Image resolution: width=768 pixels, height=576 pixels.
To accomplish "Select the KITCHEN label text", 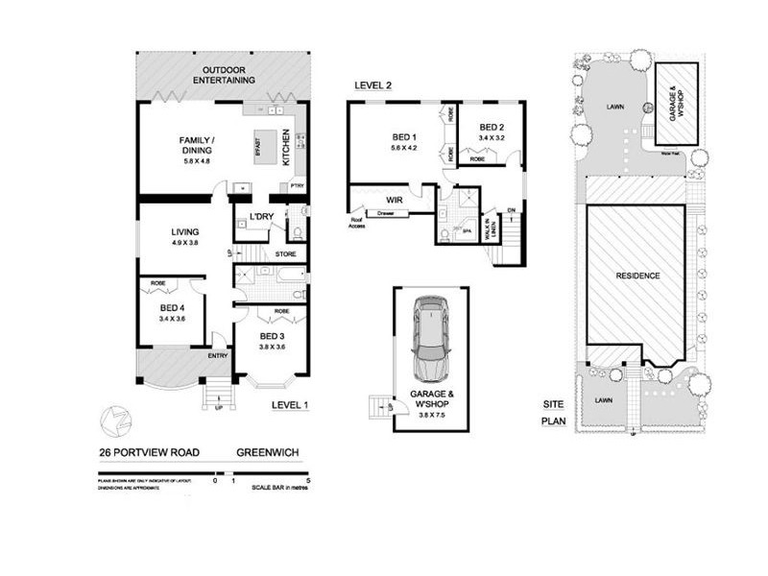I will (x=286, y=150).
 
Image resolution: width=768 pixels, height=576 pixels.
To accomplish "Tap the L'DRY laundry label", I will (x=262, y=216).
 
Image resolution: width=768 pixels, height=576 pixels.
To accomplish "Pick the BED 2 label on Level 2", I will (x=492, y=127).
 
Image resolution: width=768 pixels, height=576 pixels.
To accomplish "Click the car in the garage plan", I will (x=431, y=341).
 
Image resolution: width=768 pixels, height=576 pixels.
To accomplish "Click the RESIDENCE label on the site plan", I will (x=637, y=276).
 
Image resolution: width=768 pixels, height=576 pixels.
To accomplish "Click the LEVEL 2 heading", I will (x=372, y=85).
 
